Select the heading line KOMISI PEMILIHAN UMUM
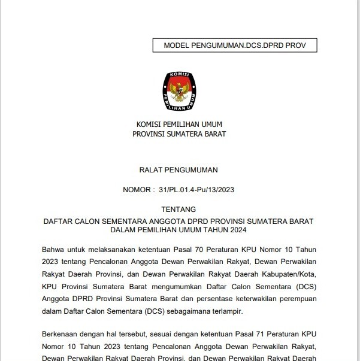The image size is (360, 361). coord(179,125)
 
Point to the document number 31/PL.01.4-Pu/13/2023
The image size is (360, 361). coord(196,190)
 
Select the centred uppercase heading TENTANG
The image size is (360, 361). coord(179,210)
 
